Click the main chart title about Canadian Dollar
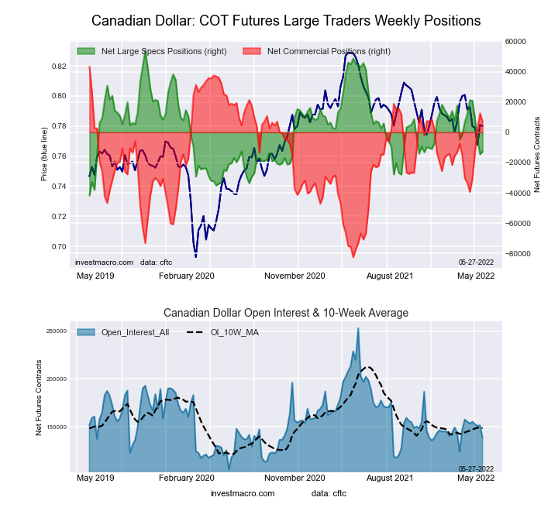(x=286, y=20)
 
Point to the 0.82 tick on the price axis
(x=59, y=67)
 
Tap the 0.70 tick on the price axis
(x=59, y=247)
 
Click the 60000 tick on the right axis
(x=515, y=41)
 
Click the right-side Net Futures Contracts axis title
(x=537, y=154)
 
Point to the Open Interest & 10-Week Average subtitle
(x=286, y=313)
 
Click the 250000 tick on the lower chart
(x=57, y=331)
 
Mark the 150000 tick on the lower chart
(x=57, y=427)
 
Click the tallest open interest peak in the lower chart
(x=358, y=328)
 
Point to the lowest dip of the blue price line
(x=195, y=256)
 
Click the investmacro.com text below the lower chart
(x=243, y=493)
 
